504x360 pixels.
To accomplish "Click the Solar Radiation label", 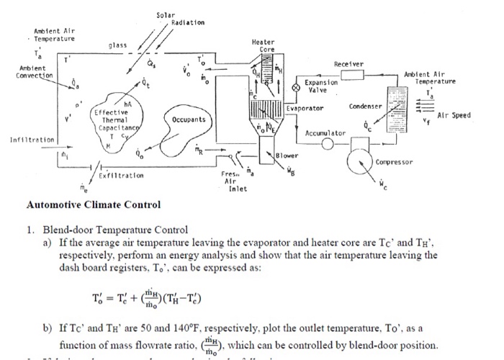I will click(x=180, y=19).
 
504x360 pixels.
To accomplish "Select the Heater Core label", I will click(x=263, y=45).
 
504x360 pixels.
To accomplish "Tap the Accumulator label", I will click(x=325, y=134).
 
